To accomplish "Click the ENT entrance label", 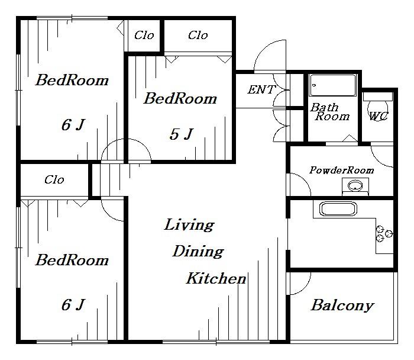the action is tap(261, 89).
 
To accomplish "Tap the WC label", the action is tap(379, 116).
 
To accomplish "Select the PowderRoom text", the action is tap(342, 170).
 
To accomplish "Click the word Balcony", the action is tap(342, 306).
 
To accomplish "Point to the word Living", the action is tap(189, 225).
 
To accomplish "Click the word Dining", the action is tap(198, 252).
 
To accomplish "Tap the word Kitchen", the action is tap(216, 278).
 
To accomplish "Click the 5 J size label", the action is tap(182, 134).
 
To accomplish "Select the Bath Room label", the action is tap(330, 112).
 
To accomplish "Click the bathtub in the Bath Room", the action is tap(332, 85).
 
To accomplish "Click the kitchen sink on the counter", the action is tap(338, 209).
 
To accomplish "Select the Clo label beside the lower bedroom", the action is tap(54, 180).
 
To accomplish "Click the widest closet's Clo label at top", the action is tap(198, 35).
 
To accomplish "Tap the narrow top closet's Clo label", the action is tap(144, 35).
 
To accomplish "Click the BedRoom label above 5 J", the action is tap(180, 99).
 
